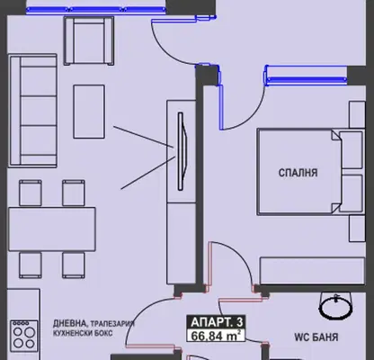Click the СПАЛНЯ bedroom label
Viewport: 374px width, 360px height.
click(298, 173)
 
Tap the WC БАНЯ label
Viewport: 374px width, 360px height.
click(316, 337)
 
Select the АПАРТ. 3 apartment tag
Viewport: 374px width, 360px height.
click(217, 322)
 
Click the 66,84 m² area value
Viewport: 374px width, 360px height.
click(216, 336)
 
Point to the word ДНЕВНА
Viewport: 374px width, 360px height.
click(69, 323)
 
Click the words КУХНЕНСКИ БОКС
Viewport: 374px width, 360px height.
click(83, 333)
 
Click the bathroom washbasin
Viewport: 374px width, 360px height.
click(335, 305)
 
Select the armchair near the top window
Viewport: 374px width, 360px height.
click(89, 40)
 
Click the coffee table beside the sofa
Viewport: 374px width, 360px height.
click(89, 112)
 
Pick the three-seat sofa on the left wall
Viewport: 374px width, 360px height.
click(33, 111)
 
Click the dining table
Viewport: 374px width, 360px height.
click(52, 229)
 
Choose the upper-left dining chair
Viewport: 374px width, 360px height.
click(31, 193)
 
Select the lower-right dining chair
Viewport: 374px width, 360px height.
click(74, 265)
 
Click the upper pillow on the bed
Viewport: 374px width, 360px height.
click(352, 149)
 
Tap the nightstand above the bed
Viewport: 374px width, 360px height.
click(357, 114)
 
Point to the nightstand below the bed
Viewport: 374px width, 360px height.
click(357, 229)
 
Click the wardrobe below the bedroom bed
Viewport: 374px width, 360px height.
click(312, 271)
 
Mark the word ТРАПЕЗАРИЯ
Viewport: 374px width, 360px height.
click(112, 324)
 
